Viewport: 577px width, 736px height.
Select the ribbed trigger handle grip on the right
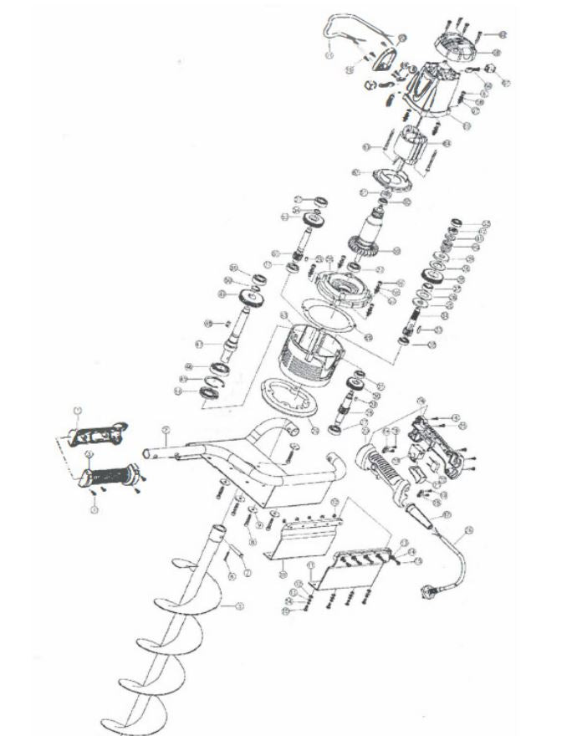point(383,468)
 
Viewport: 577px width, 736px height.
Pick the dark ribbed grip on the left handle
point(109,476)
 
